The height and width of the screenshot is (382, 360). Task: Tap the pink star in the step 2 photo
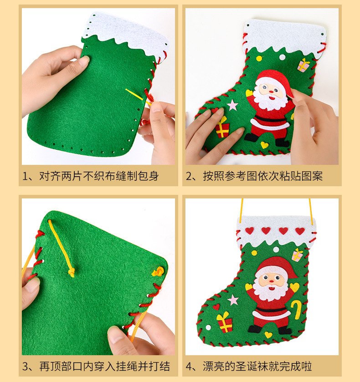pyautogui.click(x=232, y=105)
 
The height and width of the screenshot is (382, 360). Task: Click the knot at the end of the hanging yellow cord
pyautogui.click(x=71, y=272)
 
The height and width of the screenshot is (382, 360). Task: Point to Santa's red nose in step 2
pyautogui.click(x=271, y=92)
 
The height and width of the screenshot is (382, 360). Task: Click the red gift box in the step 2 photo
pyautogui.click(x=222, y=127)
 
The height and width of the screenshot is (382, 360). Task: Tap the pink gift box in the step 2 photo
pyautogui.click(x=303, y=65)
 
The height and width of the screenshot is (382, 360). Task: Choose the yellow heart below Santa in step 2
pyautogui.click(x=264, y=145)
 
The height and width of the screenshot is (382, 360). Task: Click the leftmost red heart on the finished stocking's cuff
pyautogui.click(x=249, y=231)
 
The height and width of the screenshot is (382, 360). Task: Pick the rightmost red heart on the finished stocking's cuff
pyautogui.click(x=300, y=231)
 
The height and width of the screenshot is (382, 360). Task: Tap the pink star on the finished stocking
pyautogui.click(x=233, y=300)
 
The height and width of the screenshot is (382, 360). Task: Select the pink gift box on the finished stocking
pyautogui.click(x=297, y=255)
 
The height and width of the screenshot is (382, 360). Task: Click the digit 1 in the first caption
pyautogui.click(x=25, y=176)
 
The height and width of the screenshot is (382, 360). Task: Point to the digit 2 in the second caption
pyautogui.click(x=189, y=176)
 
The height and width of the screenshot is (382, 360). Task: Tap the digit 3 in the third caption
pyautogui.click(x=25, y=367)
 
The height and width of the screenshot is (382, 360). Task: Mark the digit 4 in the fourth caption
pyautogui.click(x=189, y=367)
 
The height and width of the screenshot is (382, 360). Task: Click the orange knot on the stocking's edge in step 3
pyautogui.click(x=158, y=271)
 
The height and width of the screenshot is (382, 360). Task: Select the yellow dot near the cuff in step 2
pyautogui.click(x=259, y=58)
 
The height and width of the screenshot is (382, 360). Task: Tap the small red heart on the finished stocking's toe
pyautogui.click(x=216, y=307)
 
